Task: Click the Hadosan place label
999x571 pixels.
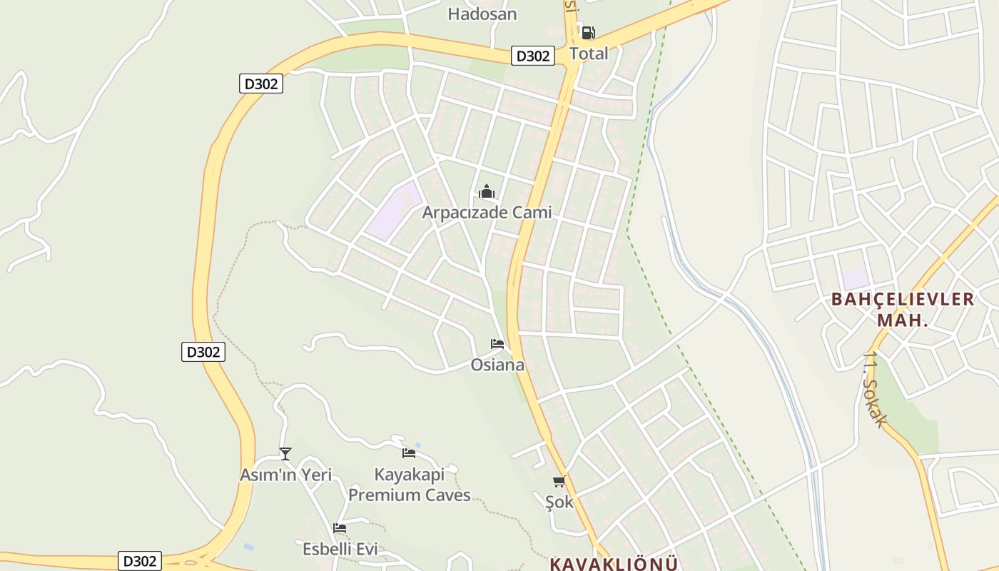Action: coord(482,14)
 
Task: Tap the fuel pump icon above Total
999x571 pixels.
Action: coord(588,32)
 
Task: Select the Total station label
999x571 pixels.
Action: coord(589,54)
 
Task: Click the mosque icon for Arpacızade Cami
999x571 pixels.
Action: coord(487,191)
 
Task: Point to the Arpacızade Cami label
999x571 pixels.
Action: coord(487,213)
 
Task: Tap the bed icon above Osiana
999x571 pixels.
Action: coord(497,344)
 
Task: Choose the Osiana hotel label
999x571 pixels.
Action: coord(497,365)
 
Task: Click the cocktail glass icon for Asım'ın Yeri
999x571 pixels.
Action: coord(285,453)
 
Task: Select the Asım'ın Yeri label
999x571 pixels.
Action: coord(285,475)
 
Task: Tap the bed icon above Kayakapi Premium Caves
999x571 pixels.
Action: coord(409,453)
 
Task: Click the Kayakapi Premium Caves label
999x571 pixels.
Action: coord(410,485)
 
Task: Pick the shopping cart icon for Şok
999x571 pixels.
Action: coord(559,481)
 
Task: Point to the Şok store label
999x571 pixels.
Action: coord(559,502)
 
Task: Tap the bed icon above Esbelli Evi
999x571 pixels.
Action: coord(340,528)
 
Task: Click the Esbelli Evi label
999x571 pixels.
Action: coord(340,550)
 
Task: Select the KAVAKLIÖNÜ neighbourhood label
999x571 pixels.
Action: coord(614,564)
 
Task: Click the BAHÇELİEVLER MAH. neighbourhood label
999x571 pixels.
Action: coord(903,309)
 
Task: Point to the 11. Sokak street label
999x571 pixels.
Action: coord(876,389)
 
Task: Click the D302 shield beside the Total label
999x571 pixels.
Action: coord(533,56)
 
